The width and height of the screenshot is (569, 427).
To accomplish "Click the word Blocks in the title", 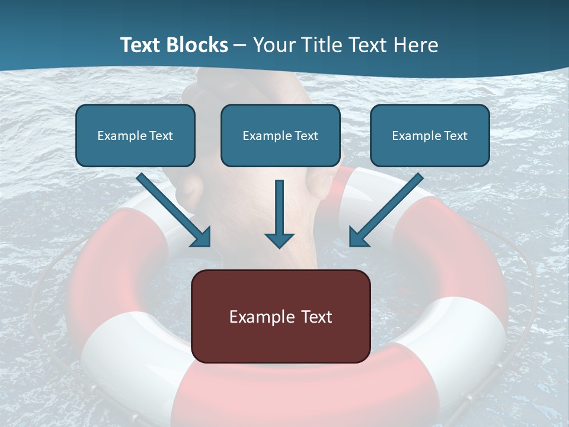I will pos(197,45).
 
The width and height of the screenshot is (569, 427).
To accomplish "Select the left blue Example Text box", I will pos(135,135).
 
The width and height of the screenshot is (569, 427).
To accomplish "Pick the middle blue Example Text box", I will pos(280,135).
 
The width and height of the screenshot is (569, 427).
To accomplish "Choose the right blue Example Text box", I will pos(430,135).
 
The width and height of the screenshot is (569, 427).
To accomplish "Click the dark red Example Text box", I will pos(280,316).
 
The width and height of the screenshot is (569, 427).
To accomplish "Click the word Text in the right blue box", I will pos(455,136).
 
